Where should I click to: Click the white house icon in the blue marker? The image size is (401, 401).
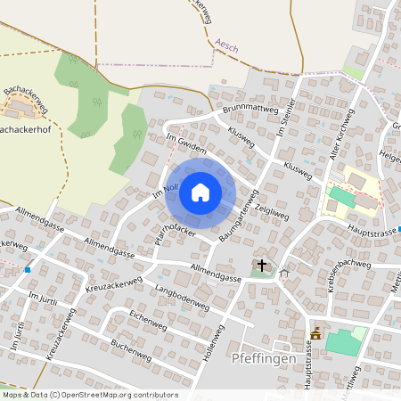pos(200,192)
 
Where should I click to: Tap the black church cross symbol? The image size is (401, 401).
pos(262,265)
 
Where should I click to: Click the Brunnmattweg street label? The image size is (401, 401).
pos(252,109)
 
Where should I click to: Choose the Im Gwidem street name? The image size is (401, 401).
pos(186,144)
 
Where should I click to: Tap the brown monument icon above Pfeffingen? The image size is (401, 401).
pos(315,333)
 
